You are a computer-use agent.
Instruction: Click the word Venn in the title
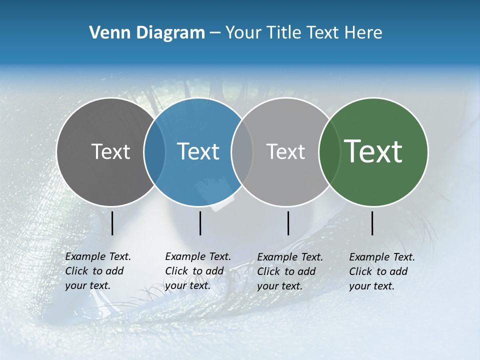click(x=107, y=33)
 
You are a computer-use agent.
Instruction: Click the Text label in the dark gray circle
click(x=110, y=151)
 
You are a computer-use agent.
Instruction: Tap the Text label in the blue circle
click(x=198, y=151)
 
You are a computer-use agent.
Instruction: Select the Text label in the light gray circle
click(x=285, y=151)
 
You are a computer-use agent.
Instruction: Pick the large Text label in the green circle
click(x=373, y=151)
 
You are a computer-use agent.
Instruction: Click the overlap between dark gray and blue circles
click(x=154, y=152)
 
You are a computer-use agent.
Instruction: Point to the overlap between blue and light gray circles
click(x=242, y=152)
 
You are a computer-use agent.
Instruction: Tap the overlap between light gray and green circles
click(x=329, y=152)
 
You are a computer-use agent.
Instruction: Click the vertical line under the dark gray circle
click(x=112, y=223)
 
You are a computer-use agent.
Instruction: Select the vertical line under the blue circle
click(x=200, y=223)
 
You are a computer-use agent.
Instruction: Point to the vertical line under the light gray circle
click(x=288, y=223)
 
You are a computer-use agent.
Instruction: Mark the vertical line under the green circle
click(x=372, y=223)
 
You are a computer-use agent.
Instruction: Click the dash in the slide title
click(x=215, y=33)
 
